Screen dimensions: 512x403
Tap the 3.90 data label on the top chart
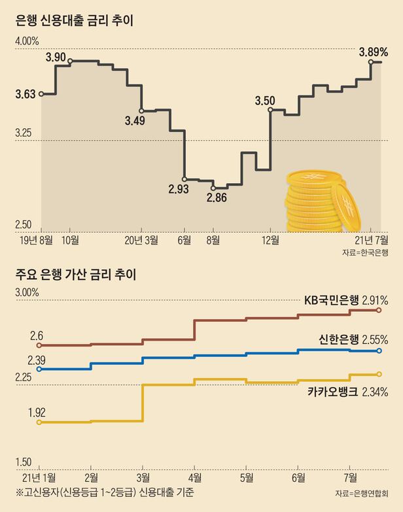pos(56,58)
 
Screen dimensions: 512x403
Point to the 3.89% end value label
pos(374,51)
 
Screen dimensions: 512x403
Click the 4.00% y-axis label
pos(27,41)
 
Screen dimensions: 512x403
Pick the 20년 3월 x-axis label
pos(142,240)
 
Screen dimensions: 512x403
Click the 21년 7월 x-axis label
pos(370,240)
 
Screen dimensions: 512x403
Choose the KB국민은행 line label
pos(332,301)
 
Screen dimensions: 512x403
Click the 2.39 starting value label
pos(37,360)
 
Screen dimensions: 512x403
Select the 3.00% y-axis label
pos(27,292)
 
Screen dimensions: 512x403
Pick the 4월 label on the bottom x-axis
pos(194,476)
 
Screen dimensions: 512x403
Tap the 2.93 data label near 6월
pos(179,190)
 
